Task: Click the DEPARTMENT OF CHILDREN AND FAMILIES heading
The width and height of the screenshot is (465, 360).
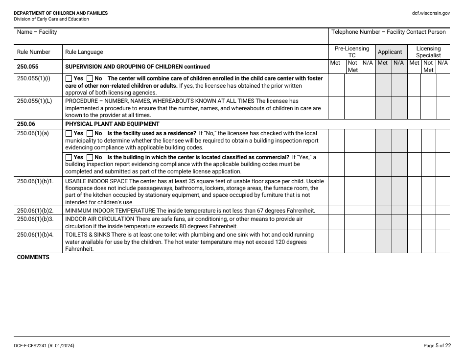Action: (61, 13)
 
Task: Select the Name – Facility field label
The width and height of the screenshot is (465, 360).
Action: (37, 32)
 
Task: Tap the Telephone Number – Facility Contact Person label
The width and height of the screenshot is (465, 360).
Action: (388, 32)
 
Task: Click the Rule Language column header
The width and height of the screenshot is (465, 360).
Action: (84, 52)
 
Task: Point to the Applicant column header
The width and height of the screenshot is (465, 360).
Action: (390, 52)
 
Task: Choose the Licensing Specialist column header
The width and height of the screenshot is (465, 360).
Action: (428, 52)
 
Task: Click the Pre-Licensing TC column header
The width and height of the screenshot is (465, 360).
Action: (351, 52)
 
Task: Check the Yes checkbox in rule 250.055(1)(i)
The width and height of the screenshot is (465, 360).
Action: (69, 78)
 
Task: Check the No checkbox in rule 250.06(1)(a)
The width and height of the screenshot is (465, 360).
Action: (90, 133)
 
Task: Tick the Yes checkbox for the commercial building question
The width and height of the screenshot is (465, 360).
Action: (69, 157)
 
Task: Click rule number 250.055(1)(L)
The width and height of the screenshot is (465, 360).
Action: (34, 101)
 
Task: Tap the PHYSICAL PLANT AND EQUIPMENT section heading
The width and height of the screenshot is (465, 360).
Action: (112, 124)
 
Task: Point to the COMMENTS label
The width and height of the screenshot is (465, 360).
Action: (33, 258)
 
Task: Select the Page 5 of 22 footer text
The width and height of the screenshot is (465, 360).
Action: (437, 346)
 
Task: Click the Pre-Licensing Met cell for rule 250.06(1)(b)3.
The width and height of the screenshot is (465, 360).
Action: (336, 222)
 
